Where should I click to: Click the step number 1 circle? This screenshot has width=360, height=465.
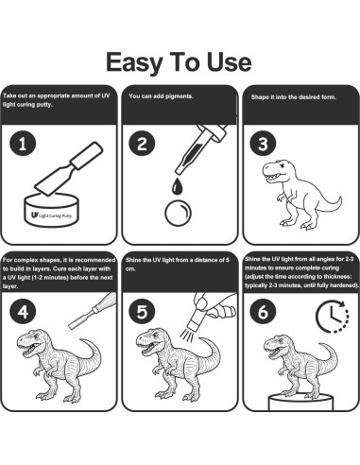[23, 144]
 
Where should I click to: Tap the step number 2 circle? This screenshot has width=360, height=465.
[142, 144]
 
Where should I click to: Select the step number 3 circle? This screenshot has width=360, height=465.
[263, 144]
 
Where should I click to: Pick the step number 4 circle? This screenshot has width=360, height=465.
[23, 312]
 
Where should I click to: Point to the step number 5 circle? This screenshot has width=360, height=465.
[142, 312]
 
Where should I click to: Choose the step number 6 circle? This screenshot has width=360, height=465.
[263, 312]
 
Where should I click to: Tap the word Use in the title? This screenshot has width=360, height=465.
[229, 62]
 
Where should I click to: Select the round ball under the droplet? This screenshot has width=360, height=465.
[178, 213]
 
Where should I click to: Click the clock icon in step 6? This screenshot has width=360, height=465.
[333, 317]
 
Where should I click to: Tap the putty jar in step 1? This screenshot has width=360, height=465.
[51, 210]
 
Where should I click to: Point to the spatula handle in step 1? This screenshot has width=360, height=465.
[86, 156]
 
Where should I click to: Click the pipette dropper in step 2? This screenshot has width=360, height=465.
[201, 148]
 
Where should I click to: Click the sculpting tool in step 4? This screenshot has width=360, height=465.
[93, 311]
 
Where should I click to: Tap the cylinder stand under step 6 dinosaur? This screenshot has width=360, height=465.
[300, 402]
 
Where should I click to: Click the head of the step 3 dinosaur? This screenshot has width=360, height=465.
[277, 170]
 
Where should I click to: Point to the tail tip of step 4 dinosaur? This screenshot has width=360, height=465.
[81, 340]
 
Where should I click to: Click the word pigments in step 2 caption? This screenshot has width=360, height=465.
[180, 96]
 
